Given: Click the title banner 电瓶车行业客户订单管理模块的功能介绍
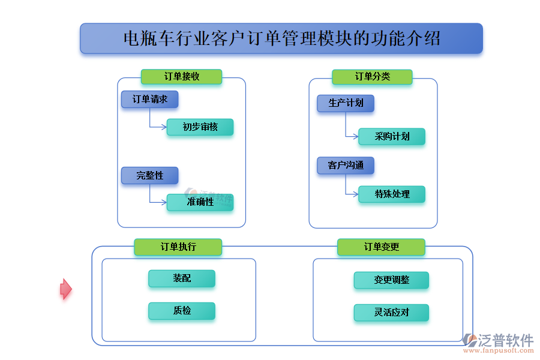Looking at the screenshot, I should pyautogui.click(x=281, y=39).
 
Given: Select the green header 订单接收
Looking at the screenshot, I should pyautogui.click(x=181, y=77).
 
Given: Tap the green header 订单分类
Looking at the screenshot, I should pyautogui.click(x=372, y=77).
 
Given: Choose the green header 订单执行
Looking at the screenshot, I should pyautogui.click(x=178, y=247).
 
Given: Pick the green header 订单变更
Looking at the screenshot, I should pyautogui.click(x=381, y=247).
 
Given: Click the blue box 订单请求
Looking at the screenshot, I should pyautogui.click(x=149, y=100).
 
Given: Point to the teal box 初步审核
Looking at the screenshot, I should pyautogui.click(x=200, y=127).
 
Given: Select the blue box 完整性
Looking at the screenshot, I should pyautogui.click(x=149, y=175).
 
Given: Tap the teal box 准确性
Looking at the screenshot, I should pyautogui.click(x=200, y=202).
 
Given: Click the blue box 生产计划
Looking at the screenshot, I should pyautogui.click(x=346, y=103).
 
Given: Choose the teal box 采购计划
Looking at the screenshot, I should pyautogui.click(x=392, y=136).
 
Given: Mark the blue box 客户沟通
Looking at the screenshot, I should pyautogui.click(x=346, y=166).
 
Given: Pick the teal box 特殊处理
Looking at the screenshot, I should pyautogui.click(x=392, y=194).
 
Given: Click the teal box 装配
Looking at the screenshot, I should pyautogui.click(x=182, y=278).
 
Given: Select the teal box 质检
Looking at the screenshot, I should pyautogui.click(x=182, y=311).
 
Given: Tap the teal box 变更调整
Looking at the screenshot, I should pyautogui.click(x=391, y=280).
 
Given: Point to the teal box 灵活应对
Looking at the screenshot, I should pyautogui.click(x=391, y=313).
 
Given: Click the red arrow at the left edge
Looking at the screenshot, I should pyautogui.click(x=65, y=289).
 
